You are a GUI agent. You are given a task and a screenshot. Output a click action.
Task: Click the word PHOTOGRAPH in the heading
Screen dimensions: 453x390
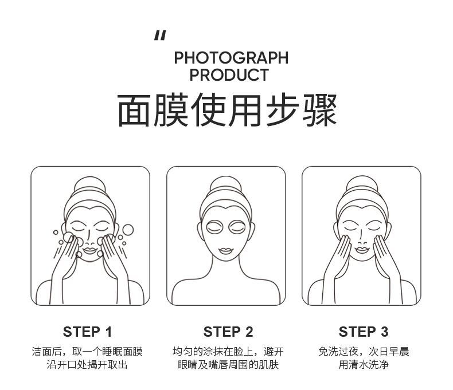[231, 58]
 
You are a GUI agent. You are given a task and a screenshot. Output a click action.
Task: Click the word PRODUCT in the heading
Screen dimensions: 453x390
[229, 74]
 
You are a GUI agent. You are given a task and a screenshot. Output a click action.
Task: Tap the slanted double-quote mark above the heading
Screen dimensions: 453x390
[161, 36]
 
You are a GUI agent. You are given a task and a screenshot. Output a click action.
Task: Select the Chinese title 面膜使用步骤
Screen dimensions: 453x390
[227, 110]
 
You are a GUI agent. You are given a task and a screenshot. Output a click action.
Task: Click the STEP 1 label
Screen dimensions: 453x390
[87, 332]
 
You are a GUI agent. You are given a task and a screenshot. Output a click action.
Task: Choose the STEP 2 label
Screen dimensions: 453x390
[228, 332]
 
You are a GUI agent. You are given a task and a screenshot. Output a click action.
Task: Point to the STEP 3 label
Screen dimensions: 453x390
[364, 332]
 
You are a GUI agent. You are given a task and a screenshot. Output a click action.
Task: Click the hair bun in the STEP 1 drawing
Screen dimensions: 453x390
[90, 184]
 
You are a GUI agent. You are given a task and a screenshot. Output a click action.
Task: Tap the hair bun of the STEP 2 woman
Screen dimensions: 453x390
[226, 184]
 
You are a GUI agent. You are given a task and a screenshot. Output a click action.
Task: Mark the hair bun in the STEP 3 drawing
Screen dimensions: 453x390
[362, 183]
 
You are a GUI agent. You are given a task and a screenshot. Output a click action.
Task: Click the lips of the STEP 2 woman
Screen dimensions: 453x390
[226, 250]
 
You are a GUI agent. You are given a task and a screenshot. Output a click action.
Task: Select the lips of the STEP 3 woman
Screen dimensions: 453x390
[362, 250]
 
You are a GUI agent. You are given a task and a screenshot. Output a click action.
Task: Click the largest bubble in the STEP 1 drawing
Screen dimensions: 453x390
[128, 230]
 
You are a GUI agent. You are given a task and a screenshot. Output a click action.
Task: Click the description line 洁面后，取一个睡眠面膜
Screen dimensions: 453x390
[87, 352]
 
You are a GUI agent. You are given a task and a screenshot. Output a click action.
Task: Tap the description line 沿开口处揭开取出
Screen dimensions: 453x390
[87, 365]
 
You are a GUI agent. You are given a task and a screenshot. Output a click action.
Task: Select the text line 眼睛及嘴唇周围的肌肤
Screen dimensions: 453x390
[228, 365]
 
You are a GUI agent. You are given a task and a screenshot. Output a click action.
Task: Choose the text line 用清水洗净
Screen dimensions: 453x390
[364, 365]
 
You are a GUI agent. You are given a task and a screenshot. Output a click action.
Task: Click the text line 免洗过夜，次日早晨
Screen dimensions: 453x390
[364, 352]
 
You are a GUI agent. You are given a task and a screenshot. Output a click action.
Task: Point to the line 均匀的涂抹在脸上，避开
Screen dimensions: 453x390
[228, 352]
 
